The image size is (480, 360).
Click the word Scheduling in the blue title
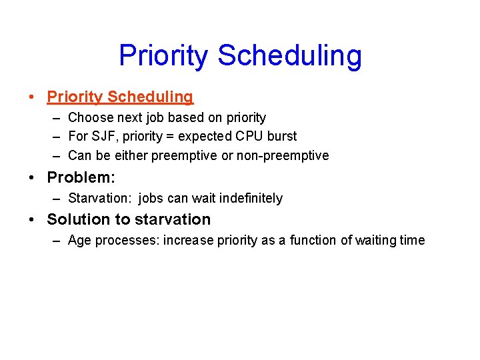289,56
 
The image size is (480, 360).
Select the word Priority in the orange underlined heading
75,97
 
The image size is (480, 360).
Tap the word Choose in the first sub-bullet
89,118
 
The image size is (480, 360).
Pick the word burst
282,137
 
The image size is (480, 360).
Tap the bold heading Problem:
81,179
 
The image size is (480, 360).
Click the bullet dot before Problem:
32,179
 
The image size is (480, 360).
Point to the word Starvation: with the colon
100,199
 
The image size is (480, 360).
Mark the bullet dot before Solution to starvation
32,220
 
